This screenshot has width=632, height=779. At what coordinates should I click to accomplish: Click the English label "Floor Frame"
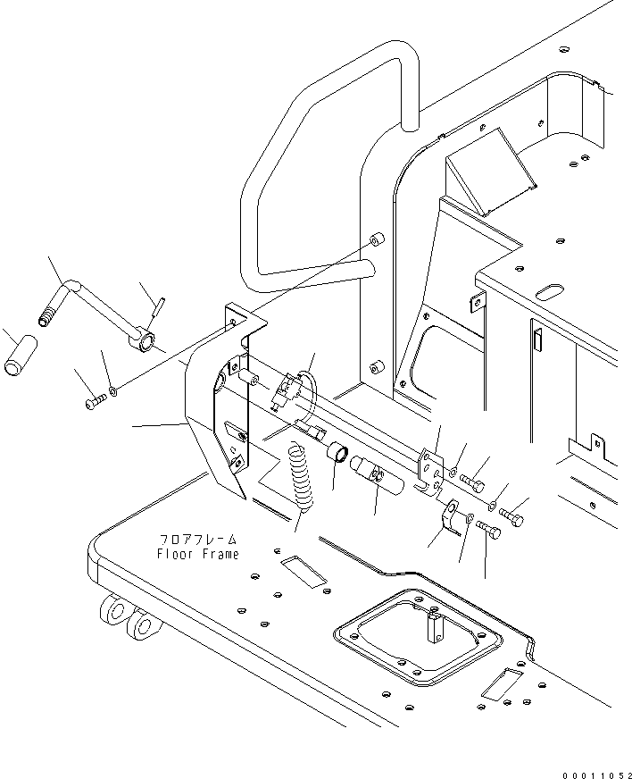tap(197, 554)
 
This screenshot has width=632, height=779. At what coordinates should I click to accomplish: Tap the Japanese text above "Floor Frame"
tap(198, 540)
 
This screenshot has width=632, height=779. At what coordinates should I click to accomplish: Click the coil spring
tap(300, 478)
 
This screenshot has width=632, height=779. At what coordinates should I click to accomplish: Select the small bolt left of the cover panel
tap(94, 404)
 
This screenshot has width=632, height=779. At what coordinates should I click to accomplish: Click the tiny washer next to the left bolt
tap(112, 390)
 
